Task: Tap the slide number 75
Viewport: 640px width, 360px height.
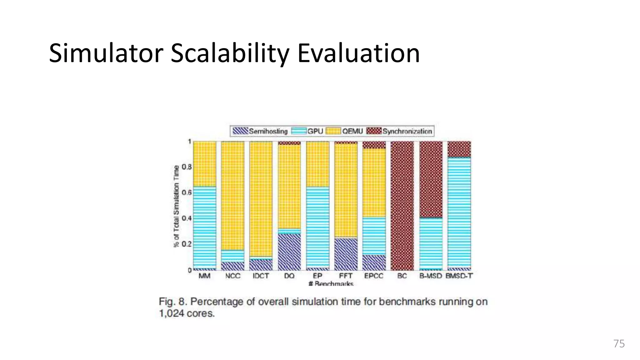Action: tap(619, 343)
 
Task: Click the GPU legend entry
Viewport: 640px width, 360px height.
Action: tap(308, 131)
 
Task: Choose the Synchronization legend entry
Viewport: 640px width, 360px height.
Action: tap(400, 131)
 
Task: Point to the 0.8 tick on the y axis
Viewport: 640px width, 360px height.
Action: tap(187, 167)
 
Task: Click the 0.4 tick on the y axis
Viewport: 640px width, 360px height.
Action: tap(187, 218)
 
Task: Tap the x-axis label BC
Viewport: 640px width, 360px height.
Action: tap(402, 276)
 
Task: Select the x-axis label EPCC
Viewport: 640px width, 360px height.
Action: tap(374, 276)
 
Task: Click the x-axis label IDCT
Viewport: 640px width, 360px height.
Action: tap(261, 276)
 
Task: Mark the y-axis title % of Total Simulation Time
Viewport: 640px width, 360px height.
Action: tap(177, 206)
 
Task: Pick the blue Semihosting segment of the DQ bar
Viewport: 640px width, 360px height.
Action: tap(289, 252)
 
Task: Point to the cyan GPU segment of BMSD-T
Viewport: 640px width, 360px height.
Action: tap(459, 212)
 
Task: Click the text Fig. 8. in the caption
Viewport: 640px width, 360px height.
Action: tap(172, 302)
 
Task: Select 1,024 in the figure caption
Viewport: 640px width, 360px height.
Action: tap(172, 313)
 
